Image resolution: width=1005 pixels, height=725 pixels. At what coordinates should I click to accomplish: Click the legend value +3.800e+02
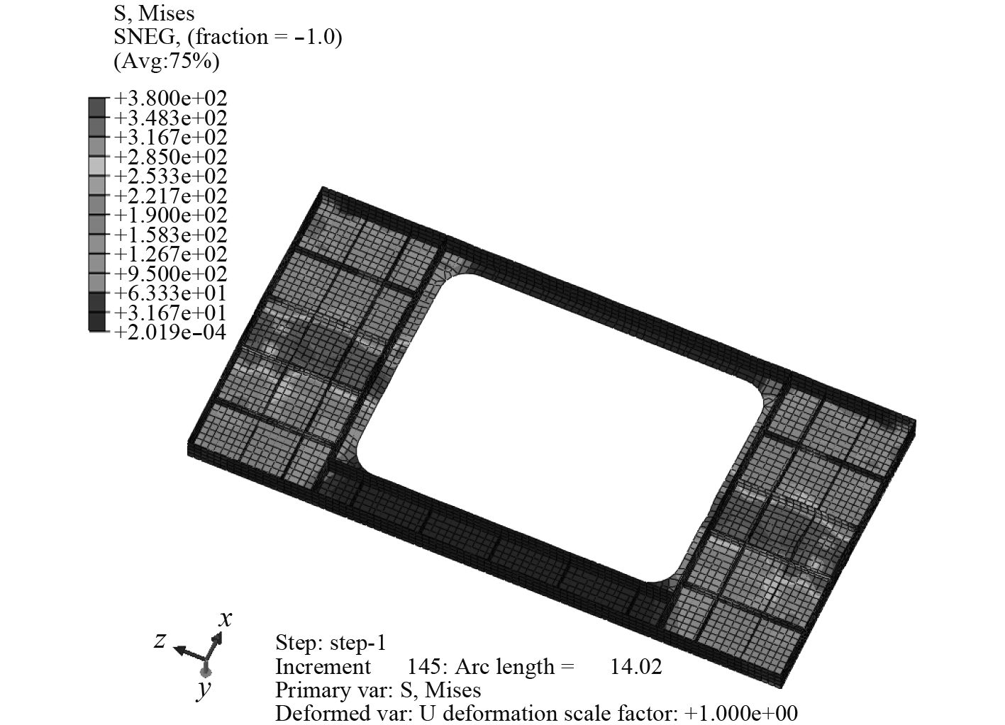tap(171, 99)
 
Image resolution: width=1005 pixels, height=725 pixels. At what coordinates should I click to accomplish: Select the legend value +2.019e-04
tap(170, 332)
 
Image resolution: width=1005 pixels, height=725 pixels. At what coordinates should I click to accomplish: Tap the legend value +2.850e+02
tap(171, 157)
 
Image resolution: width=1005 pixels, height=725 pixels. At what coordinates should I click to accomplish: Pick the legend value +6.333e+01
tap(170, 293)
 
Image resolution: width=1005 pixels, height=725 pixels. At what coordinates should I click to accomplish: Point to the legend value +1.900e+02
tap(171, 215)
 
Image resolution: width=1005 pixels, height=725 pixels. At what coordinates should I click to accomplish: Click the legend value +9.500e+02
tap(171, 274)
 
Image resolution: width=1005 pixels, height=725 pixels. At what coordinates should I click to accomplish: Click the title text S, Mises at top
tap(154, 14)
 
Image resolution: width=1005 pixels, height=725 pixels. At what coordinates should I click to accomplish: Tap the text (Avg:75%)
tap(167, 61)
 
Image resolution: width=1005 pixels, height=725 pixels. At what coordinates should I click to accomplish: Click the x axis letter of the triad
tap(226, 619)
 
